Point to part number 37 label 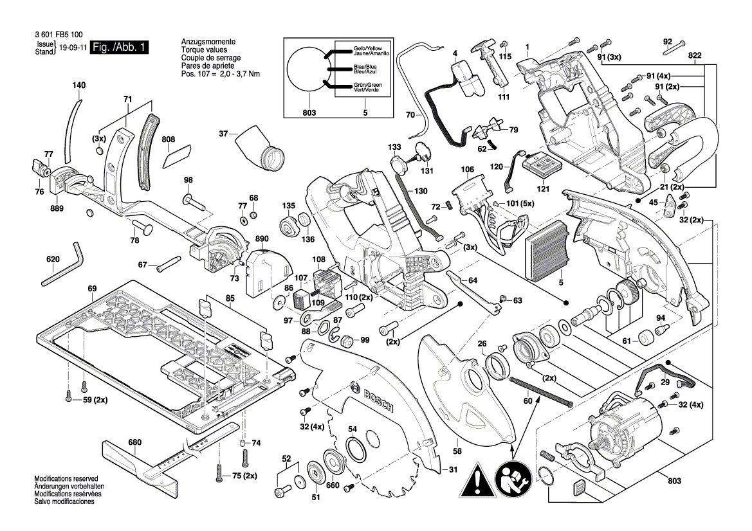pos(224,134)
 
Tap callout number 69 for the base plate pos(92,289)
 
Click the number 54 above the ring pos(353,429)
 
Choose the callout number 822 pos(695,56)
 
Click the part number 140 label pos(78,85)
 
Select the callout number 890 pos(261,239)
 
